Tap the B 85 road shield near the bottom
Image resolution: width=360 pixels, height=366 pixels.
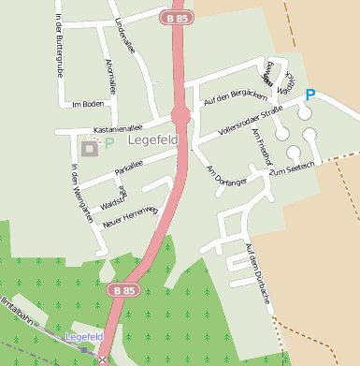119,291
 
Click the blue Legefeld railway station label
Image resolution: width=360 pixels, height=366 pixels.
84,336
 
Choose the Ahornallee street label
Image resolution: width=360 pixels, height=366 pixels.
111,77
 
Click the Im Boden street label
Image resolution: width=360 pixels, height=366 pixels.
88,104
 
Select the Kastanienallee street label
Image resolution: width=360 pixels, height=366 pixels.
117,123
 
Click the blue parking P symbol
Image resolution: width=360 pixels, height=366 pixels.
311,95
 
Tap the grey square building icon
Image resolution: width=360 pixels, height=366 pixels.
89,148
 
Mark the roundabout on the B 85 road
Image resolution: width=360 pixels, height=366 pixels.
181,115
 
